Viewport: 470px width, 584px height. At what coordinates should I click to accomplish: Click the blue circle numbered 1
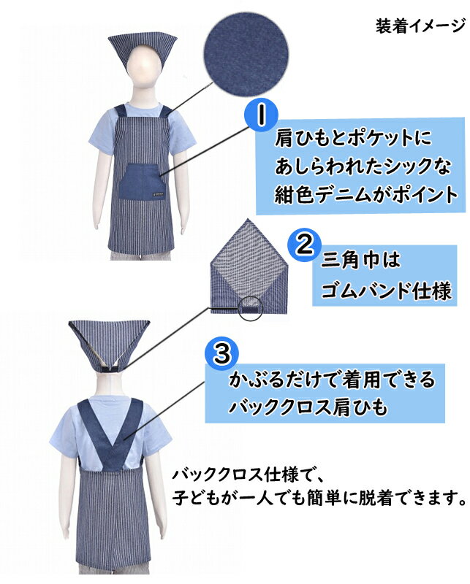(262, 115)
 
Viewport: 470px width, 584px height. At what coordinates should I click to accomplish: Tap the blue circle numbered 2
(305, 245)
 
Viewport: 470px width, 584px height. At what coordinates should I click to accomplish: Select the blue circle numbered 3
(222, 353)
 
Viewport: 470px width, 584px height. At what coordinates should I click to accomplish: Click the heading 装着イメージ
(420, 26)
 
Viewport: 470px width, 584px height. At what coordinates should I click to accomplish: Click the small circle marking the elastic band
(250, 308)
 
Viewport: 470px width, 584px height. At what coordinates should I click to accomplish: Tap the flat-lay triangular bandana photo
(249, 267)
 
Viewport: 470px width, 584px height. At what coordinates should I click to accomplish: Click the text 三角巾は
(360, 260)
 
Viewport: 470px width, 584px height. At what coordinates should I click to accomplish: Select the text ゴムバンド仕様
(386, 290)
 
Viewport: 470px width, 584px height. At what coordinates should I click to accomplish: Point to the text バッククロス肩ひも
(308, 407)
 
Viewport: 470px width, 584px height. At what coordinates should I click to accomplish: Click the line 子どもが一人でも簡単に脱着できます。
(319, 498)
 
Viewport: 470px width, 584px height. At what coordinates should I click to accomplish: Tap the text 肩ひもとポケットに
(353, 139)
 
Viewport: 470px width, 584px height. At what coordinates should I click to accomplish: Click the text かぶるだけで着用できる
(332, 379)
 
